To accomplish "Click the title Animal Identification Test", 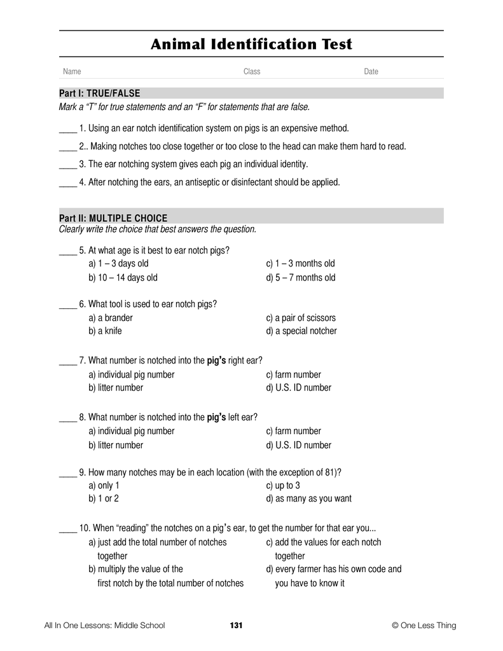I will pos(251,45).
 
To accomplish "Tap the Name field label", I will pos(72,72).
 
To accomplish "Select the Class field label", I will pos(252,72).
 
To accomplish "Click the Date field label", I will pos(371,72).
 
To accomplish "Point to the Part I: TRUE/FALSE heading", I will pos(99,93).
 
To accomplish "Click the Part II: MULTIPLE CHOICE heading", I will pos(113,218).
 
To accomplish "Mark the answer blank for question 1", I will pos(67,128).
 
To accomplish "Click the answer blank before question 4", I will pos(67,182).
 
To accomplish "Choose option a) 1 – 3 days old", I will pos(118,263).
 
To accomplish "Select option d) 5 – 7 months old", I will pos(301,277).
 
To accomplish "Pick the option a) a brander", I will pos(111,317).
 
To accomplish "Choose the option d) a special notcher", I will pos(301,331).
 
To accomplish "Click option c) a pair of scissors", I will pos(301,317).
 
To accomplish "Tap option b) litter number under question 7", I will pos(116,388).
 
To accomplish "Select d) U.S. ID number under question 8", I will pos(299,445).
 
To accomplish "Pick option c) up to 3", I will pos(283,486).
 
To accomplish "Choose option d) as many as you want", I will pos(308,499).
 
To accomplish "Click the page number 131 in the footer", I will pos(236,626).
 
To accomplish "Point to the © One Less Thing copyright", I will pos(424,626).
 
